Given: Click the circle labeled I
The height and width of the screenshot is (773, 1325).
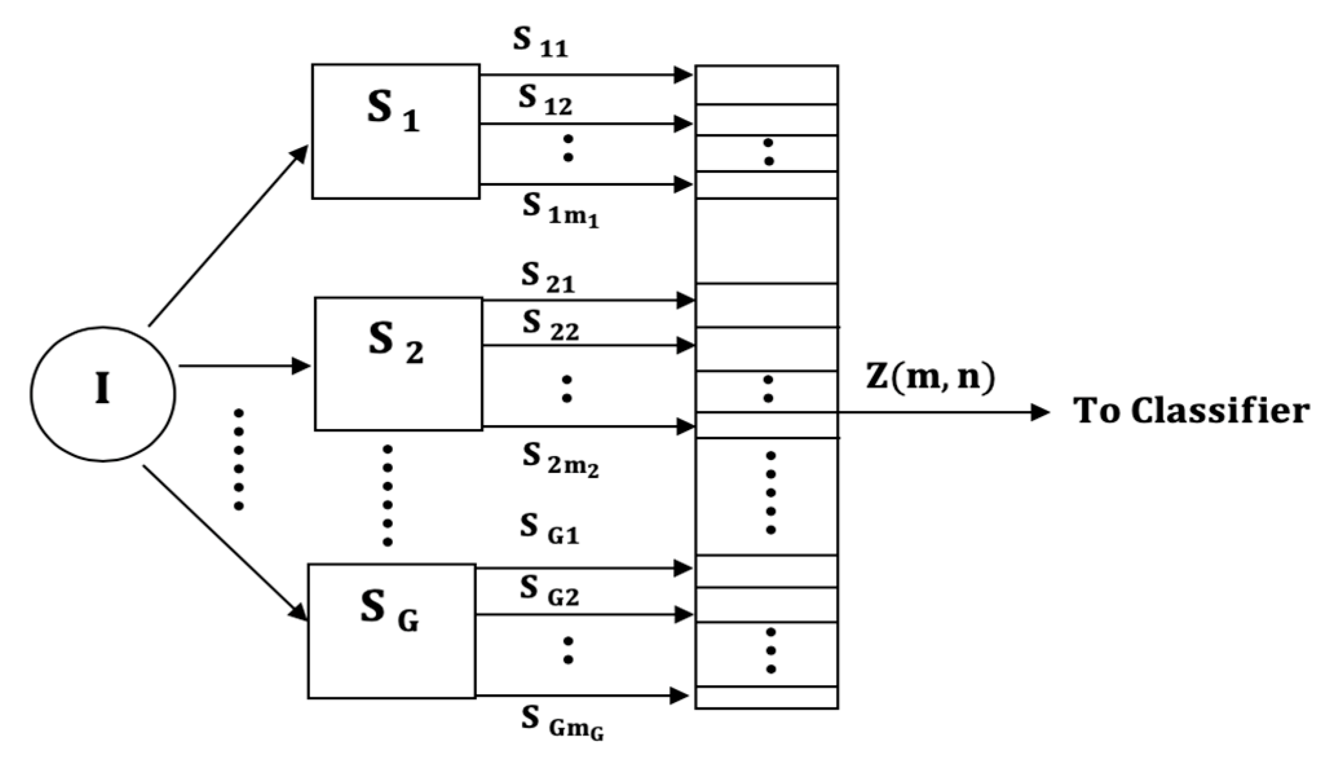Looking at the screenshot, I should coord(103,393).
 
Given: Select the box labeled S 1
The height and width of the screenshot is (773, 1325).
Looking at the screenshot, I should coord(396,131).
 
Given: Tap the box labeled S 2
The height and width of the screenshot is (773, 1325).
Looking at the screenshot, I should coord(398,364).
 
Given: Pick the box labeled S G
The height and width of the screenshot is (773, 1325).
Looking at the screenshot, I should coord(392,631).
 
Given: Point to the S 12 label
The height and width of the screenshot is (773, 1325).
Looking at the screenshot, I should coord(544,100).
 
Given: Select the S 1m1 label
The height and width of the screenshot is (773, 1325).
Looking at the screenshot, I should coord(560,211).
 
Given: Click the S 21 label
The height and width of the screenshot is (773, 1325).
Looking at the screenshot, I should coord(547,279).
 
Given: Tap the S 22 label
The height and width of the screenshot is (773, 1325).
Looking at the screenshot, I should coord(550,325).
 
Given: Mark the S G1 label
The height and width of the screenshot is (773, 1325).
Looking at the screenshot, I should coord(549,529).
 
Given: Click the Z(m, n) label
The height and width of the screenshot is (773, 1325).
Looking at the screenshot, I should coord(930,378).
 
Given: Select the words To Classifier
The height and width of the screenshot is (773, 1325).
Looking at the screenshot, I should coord(1191,411).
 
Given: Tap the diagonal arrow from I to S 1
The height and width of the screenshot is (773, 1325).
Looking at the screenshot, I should coord(228,236).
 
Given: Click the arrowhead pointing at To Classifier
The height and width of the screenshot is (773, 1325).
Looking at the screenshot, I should coord(1040,412).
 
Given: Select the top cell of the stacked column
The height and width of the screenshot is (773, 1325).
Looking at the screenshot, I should coord(767,84).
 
